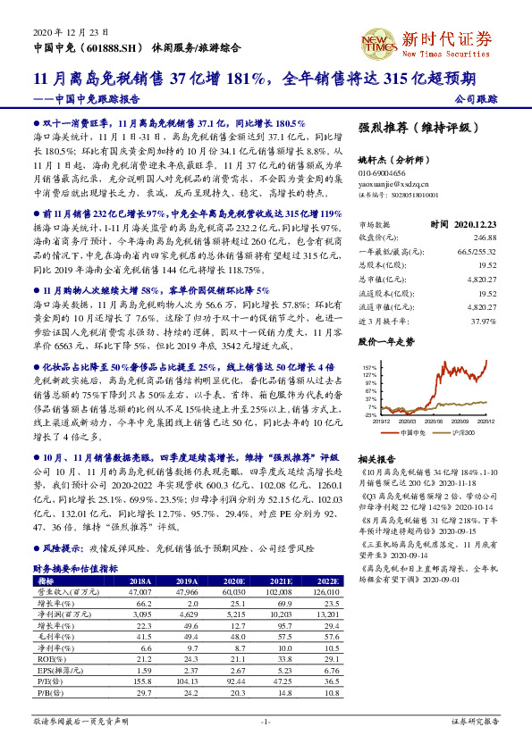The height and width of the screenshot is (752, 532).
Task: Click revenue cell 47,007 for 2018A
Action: (139, 591)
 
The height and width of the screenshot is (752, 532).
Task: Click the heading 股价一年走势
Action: (386, 342)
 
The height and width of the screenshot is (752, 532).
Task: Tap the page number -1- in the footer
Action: (265, 721)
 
